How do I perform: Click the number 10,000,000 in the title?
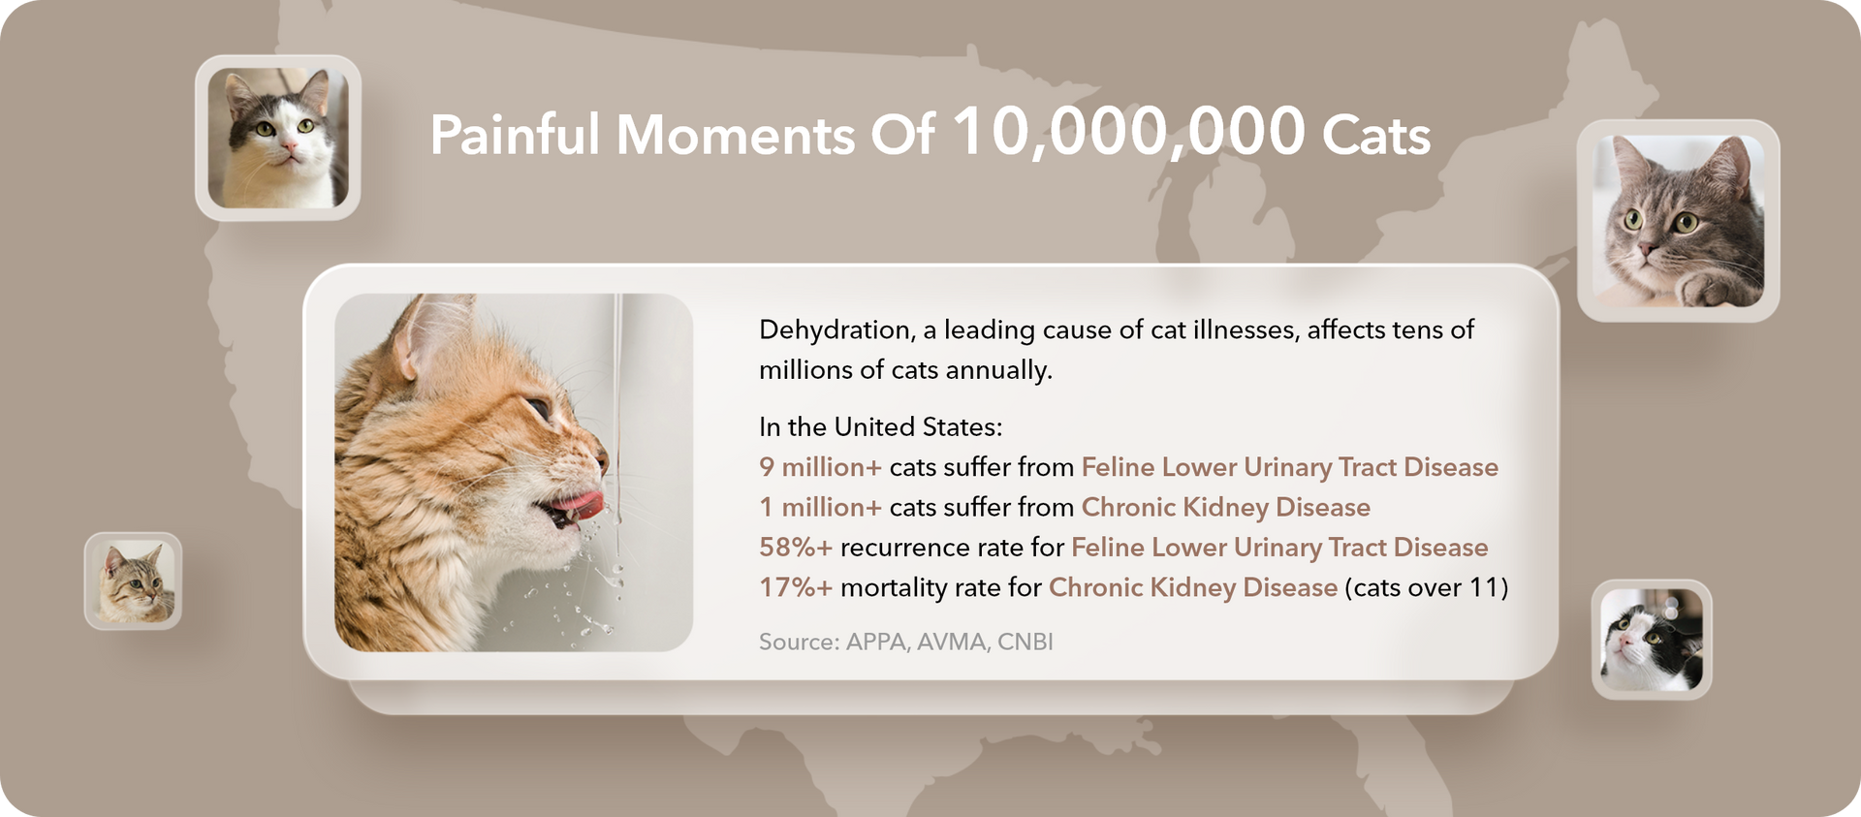coord(1129,132)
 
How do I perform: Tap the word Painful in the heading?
coord(516,135)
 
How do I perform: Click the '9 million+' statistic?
coord(820,467)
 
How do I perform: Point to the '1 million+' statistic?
coord(820,507)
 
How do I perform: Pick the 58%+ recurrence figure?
coord(796,548)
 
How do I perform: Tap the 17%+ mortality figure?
coord(796,587)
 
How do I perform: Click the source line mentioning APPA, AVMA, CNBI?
coord(905,642)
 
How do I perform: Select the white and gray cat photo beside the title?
coord(278,138)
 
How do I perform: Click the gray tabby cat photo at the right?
coord(1678,221)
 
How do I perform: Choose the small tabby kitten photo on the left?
coord(134,581)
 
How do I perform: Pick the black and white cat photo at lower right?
coord(1652,640)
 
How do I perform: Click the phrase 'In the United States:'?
coord(880,427)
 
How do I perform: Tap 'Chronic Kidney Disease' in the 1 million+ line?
coord(1225,507)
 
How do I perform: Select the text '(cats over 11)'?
coord(1426,587)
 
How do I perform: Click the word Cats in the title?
coord(1376,135)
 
